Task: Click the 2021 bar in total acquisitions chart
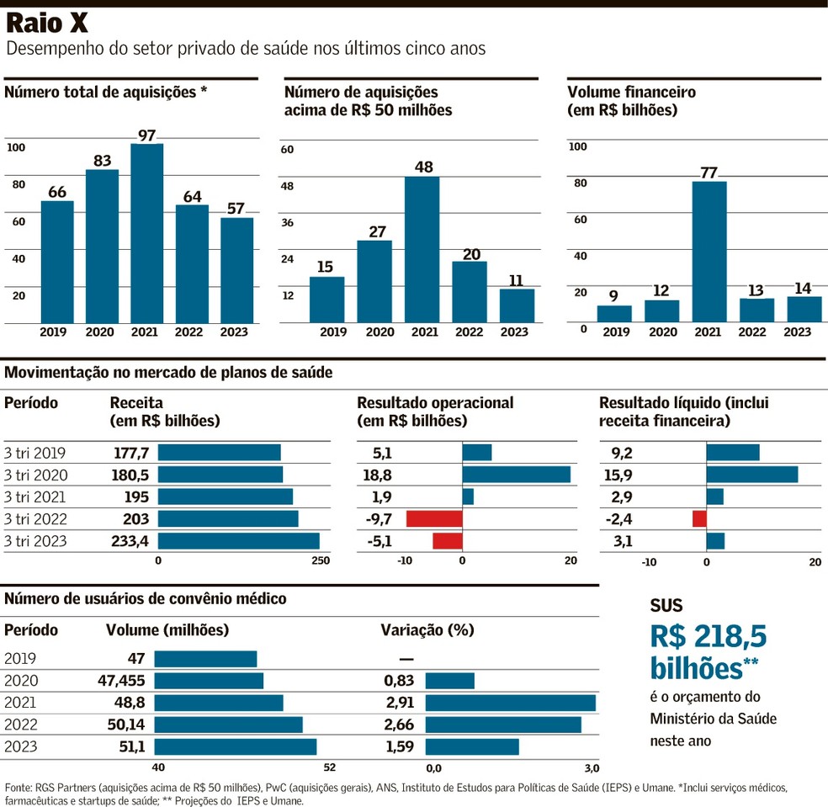[147, 233]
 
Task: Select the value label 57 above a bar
[236, 209]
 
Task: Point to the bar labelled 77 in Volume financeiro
[709, 252]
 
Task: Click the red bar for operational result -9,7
[434, 519]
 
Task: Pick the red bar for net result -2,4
[699, 519]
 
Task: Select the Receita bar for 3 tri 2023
[238, 541]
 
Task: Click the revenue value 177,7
[130, 453]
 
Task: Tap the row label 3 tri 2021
[35, 496]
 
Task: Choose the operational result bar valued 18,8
[516, 475]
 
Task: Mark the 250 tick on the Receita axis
[321, 561]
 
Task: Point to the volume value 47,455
[122, 680]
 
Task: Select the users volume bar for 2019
[204, 658]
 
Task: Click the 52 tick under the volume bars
[329, 767]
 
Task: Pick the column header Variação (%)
[427, 629]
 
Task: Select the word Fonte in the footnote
[18, 788]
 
